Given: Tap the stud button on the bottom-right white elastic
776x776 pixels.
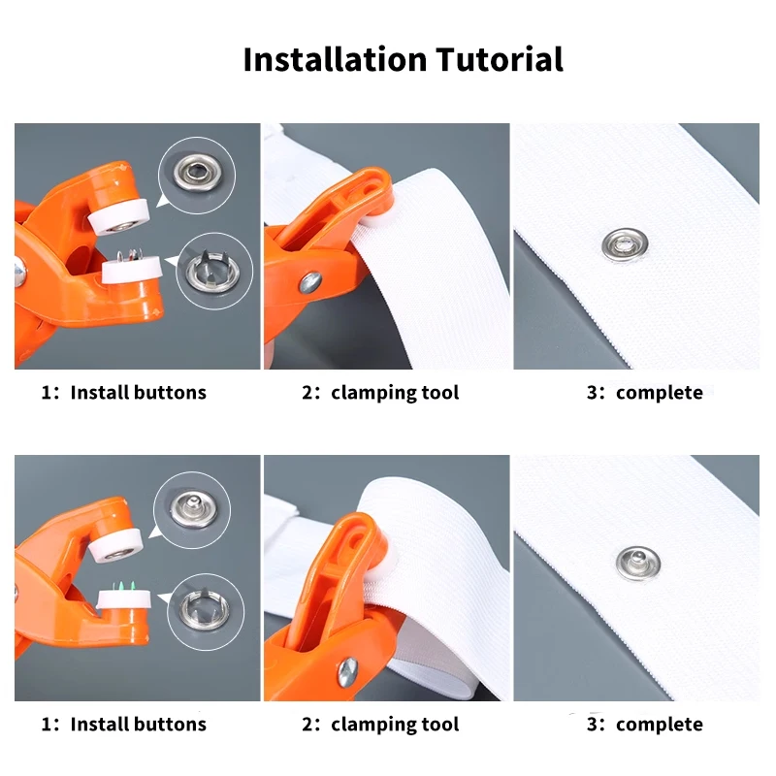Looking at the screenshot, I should tap(638, 561).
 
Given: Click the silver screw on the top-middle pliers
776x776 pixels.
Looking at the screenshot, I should tap(309, 282).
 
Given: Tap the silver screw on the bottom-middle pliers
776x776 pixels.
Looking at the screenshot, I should tap(346, 669).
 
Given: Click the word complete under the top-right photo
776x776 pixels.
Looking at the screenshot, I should tap(659, 393).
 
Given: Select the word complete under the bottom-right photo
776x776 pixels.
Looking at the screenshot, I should tap(659, 725).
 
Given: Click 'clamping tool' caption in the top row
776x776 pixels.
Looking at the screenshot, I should tap(394, 393).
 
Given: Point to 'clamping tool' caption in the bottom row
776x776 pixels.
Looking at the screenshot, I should tap(394, 725).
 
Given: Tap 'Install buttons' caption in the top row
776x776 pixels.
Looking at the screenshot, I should tap(138, 393).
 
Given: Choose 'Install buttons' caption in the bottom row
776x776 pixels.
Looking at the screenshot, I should tap(138, 725).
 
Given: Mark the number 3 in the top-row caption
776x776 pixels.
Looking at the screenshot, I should tap(594, 393).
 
